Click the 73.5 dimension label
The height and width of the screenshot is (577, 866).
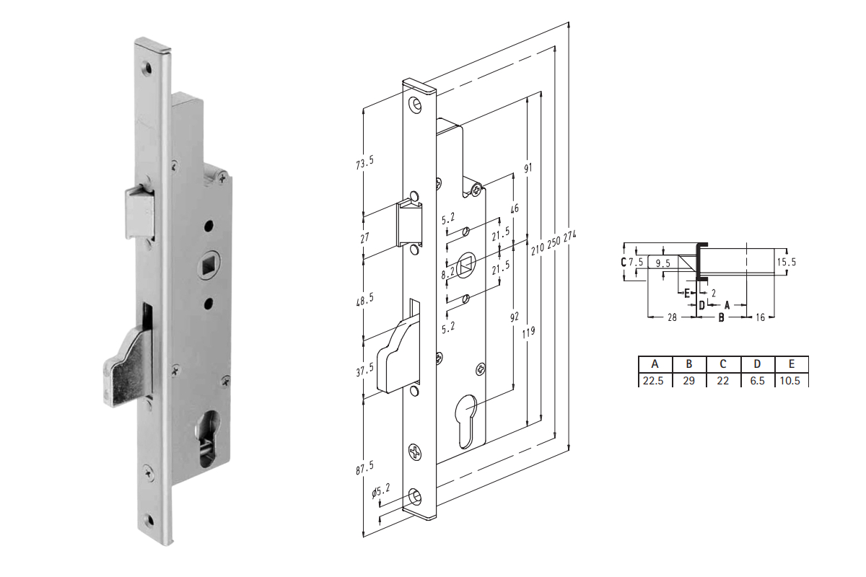(x=365, y=162)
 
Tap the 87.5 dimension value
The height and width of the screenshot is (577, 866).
(x=365, y=467)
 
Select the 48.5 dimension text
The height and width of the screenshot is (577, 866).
(x=365, y=299)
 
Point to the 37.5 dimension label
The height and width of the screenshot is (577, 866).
(x=365, y=369)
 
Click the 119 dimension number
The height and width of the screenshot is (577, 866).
(x=528, y=332)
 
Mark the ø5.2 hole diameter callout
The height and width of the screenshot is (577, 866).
(x=381, y=491)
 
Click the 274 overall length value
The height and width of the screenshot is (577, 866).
(x=570, y=236)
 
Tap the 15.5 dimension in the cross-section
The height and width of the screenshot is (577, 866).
(x=787, y=262)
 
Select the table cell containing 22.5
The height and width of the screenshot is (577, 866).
(x=653, y=381)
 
